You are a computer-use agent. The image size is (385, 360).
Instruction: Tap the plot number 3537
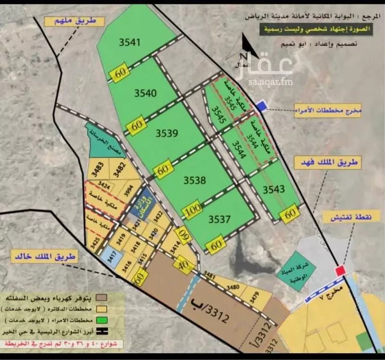pyautogui.click(x=220, y=220)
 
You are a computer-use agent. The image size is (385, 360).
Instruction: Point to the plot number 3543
pyautogui.click(x=274, y=189)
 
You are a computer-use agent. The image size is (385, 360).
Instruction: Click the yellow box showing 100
pyautogui.click(x=193, y=211)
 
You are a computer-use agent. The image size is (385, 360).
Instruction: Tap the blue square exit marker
pyautogui.click(x=261, y=106)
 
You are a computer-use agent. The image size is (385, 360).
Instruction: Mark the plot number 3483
pyautogui.click(x=99, y=165)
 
